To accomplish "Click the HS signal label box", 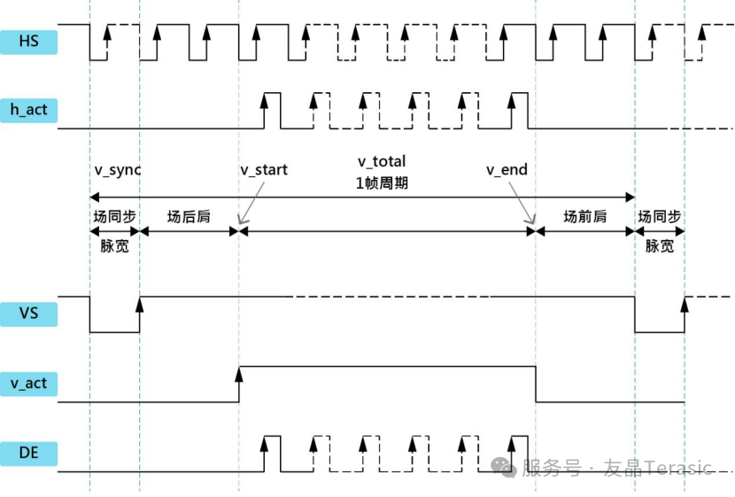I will tap(29, 41).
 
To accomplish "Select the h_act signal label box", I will tap(29, 110).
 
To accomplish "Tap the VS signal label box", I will tap(29, 313).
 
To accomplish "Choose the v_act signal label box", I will tap(29, 384).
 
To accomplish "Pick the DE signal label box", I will tap(29, 454).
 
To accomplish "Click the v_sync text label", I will tap(118, 169).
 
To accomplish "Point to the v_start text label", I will tap(264, 169).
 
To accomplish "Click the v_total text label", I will tap(382, 161).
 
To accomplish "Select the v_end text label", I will tap(507, 169).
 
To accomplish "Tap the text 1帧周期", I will tap(382, 183).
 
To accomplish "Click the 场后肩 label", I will tap(189, 216).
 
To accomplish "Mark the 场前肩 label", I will tap(585, 216).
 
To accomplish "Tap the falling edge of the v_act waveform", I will tap(535, 384).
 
